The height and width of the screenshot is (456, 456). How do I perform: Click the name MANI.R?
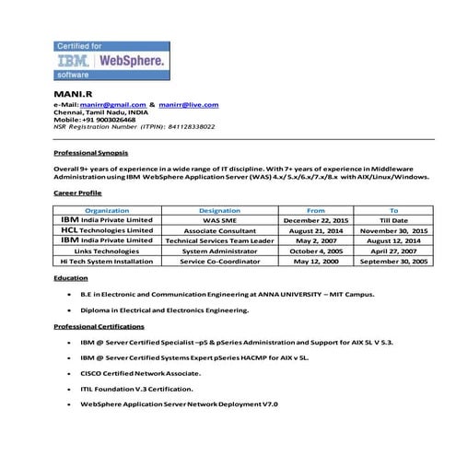[71, 95]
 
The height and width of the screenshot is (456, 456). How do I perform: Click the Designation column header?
[219, 211]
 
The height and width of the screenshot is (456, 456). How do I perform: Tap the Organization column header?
[107, 211]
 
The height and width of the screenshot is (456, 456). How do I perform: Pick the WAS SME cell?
[219, 221]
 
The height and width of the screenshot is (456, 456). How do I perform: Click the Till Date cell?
[393, 221]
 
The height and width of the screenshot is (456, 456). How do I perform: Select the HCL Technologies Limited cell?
[107, 230]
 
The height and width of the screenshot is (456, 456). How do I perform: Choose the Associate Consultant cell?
[219, 231]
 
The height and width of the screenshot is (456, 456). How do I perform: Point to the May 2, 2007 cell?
[316, 240]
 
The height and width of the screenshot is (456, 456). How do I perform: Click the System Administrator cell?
[219, 251]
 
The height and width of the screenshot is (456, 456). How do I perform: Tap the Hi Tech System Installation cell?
[107, 261]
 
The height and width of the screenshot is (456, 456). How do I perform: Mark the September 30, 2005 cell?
[393, 261]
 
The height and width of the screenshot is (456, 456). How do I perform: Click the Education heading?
[71, 276]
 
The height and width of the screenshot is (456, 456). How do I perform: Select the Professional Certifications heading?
[99, 326]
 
